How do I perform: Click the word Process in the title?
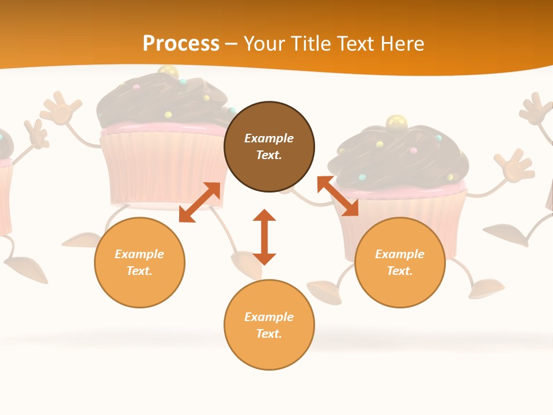[x=181, y=44]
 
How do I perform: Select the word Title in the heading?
[x=312, y=44]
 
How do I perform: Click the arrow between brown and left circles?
[x=199, y=202]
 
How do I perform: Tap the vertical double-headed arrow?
[x=264, y=237]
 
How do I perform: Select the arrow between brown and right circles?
[x=338, y=196]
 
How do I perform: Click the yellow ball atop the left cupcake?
[x=168, y=72]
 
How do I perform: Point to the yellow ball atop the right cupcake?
[x=396, y=122]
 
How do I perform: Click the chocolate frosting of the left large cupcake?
[x=161, y=104]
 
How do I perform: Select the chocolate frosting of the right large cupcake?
[x=397, y=156]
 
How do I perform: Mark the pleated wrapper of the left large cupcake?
[x=161, y=167]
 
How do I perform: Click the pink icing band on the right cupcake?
[x=403, y=188]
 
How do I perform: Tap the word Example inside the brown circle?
[x=269, y=138]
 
